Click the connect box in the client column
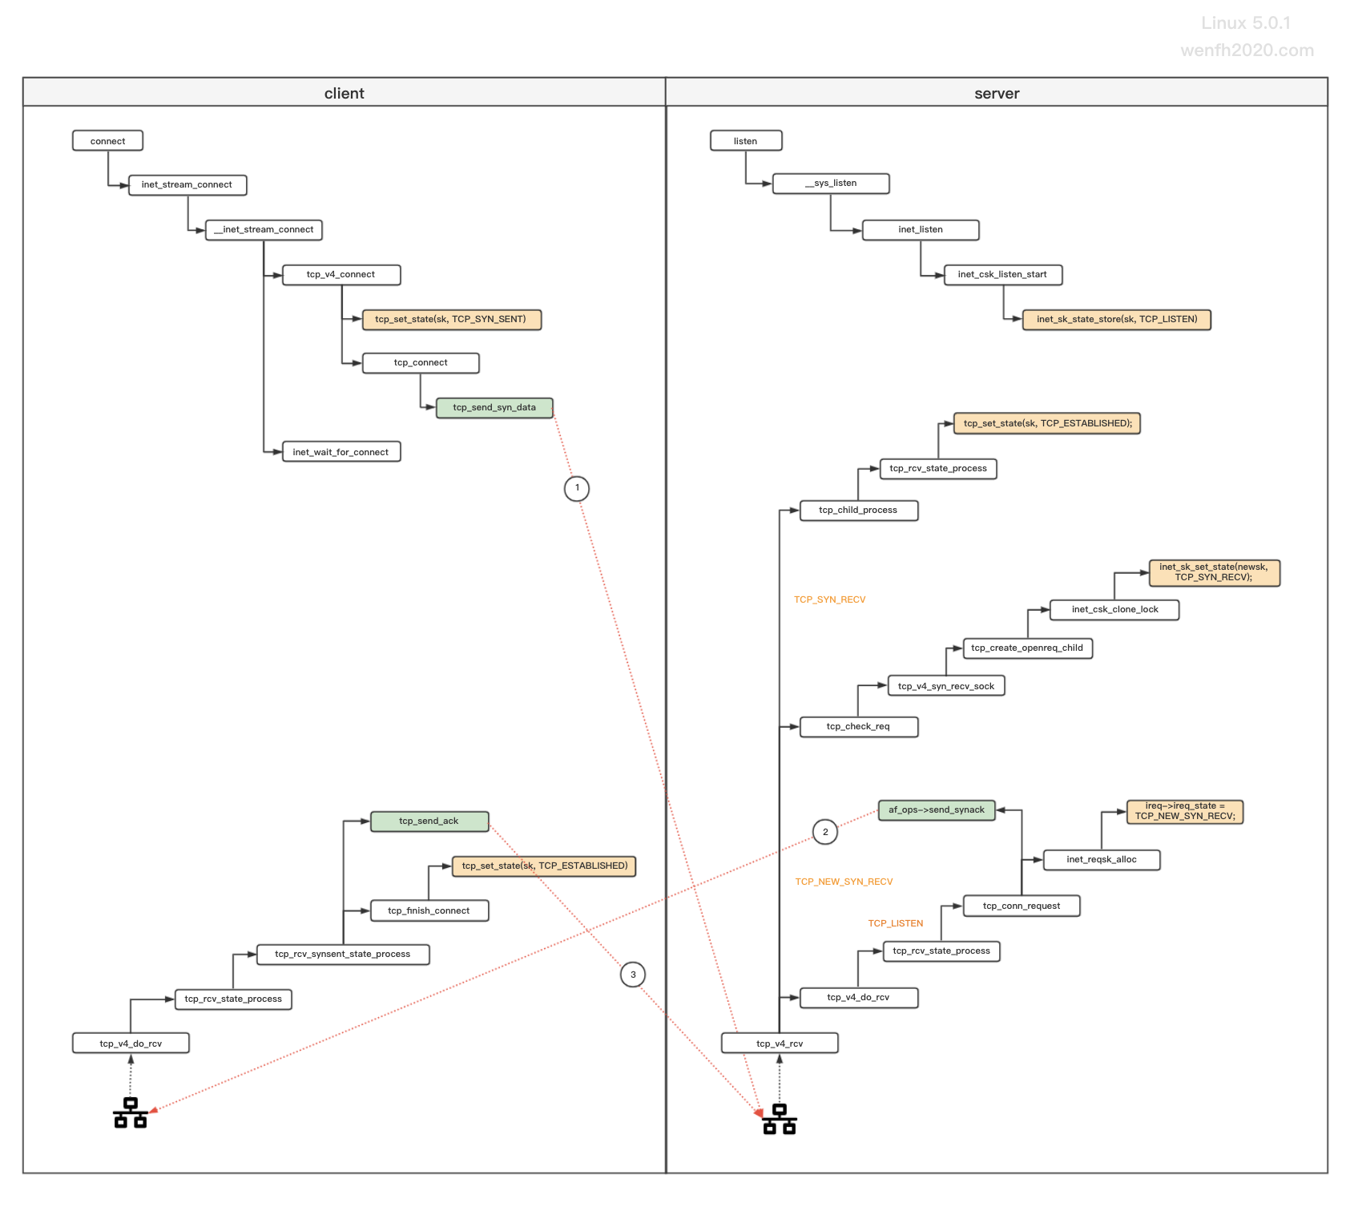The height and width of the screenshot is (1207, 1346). pos(107,141)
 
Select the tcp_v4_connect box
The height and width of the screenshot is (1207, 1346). pos(341,275)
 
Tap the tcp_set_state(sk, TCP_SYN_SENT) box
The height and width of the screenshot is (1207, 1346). pos(452,320)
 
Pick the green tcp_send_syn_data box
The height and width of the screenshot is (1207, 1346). pos(494,408)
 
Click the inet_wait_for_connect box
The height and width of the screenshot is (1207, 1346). pos(341,452)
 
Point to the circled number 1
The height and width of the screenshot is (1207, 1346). pos(577,488)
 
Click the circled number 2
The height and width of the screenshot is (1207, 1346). pos(825,832)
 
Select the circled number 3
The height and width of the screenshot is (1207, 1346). pos(633,975)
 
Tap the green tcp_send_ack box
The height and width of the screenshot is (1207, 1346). pos(429,821)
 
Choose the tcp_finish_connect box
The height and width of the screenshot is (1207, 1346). pos(429,911)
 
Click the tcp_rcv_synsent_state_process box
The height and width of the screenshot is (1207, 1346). pos(343,955)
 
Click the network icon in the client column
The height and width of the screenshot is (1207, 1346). pos(131,1112)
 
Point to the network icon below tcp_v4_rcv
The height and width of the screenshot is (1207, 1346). pos(780,1119)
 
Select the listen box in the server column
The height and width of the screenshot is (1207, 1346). pos(746,141)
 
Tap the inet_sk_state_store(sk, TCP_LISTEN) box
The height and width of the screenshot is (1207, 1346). pos(1117,320)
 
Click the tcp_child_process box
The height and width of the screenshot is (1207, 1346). pos(859,511)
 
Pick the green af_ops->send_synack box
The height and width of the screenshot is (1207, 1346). pos(937,810)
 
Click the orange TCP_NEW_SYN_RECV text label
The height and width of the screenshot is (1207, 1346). pos(844,882)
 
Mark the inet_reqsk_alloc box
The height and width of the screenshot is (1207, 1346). pos(1102,860)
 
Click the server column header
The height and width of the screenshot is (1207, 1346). pos(997,93)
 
